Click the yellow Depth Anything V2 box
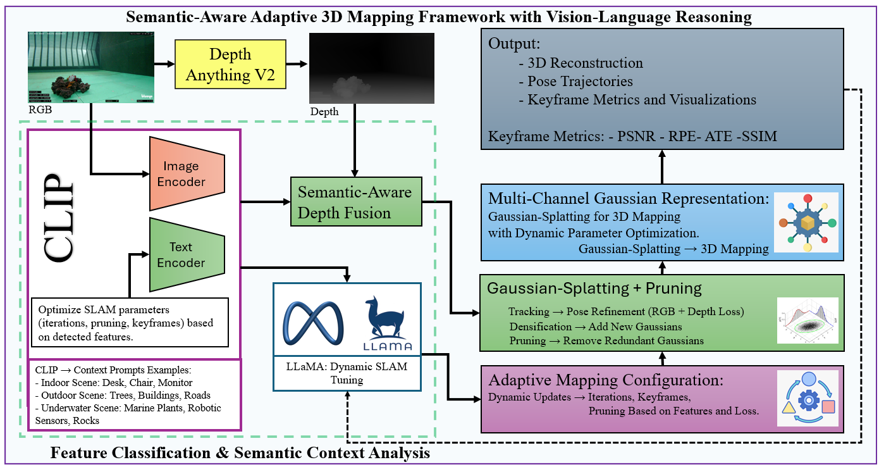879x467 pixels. point(230,64)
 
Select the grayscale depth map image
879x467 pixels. point(354,68)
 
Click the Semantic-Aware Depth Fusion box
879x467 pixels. point(355,202)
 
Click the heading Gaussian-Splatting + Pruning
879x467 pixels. point(594,289)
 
